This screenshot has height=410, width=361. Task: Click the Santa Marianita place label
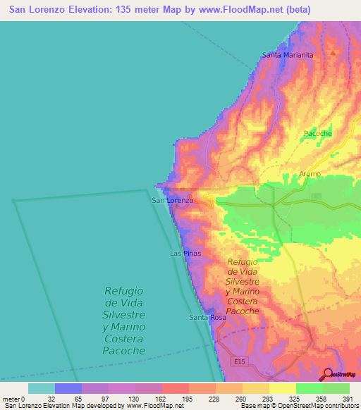coord(287,55)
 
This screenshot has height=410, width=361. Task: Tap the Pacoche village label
coord(317,133)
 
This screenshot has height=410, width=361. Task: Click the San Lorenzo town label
coord(173,201)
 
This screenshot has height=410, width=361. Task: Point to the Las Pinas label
coord(185,253)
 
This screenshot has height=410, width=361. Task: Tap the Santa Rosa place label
coord(207,318)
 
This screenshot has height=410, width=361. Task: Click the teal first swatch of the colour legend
coord(42,388)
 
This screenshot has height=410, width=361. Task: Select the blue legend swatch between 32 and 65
coord(68,388)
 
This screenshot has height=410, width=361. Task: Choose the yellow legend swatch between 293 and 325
coord(283,388)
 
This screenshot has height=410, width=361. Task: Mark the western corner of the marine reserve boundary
coord(13,201)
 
